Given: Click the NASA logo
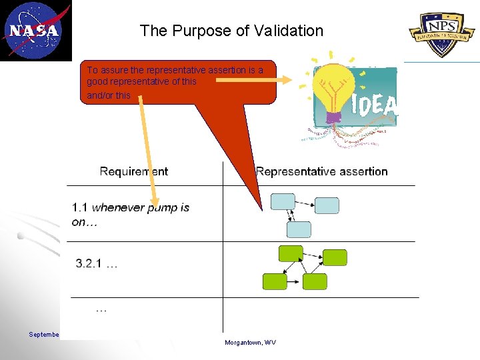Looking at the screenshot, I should point(35,30).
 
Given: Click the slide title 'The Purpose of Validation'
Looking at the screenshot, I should point(231,31).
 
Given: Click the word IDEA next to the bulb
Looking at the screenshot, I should point(374,105).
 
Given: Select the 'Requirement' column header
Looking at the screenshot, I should point(134,172).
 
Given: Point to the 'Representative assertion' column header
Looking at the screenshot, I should point(322,172).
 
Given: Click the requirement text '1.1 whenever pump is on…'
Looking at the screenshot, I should point(130,215).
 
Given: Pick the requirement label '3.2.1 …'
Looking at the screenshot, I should point(97,264).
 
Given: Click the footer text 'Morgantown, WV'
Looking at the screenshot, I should point(251,343).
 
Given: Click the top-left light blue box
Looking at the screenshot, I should point(283,201).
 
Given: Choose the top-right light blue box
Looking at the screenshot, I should point(327,205).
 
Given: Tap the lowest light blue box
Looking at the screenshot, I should point(299,229).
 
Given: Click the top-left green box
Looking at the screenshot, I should point(291,253).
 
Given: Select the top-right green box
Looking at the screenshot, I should point(335,257).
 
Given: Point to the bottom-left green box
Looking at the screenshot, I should point(275,281).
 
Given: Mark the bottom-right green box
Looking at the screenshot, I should point(315,281).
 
